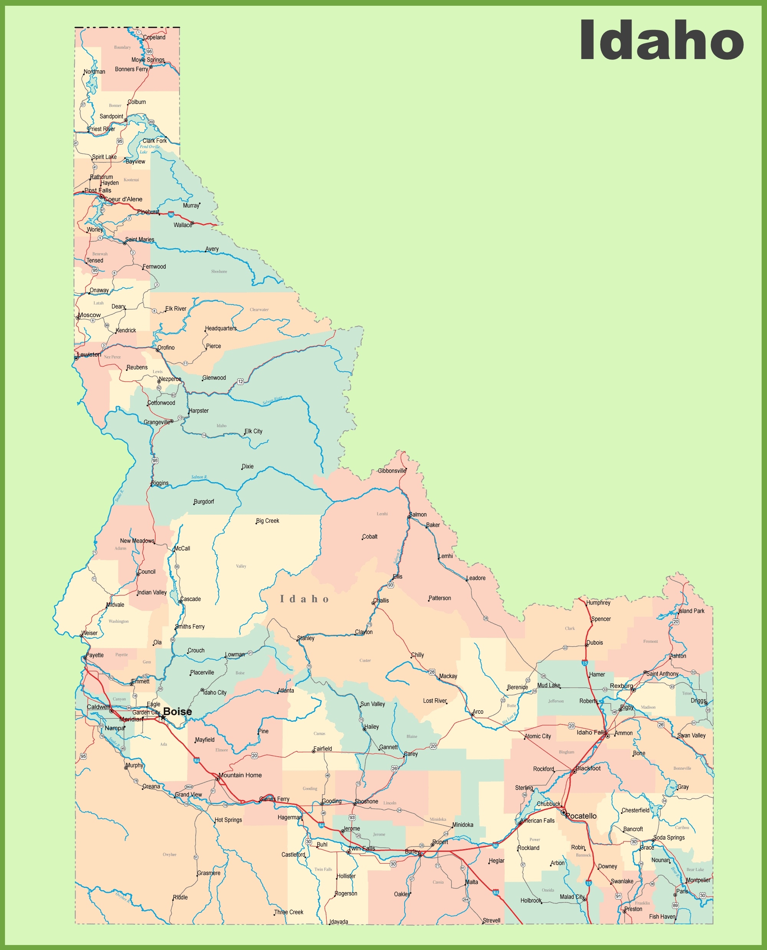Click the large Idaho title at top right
(x=662, y=41)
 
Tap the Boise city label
(x=178, y=711)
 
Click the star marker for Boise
(x=163, y=718)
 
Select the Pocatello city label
(x=581, y=816)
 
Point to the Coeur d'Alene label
(x=123, y=199)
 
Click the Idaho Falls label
(x=591, y=732)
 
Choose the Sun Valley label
(x=372, y=704)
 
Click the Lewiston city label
(x=89, y=354)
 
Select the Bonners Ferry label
(x=131, y=69)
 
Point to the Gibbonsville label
(x=392, y=471)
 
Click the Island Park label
(x=691, y=611)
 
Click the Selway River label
(x=272, y=400)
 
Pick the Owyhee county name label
(x=169, y=855)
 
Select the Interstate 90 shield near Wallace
(x=171, y=214)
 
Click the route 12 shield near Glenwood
(x=240, y=381)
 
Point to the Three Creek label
(x=288, y=912)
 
